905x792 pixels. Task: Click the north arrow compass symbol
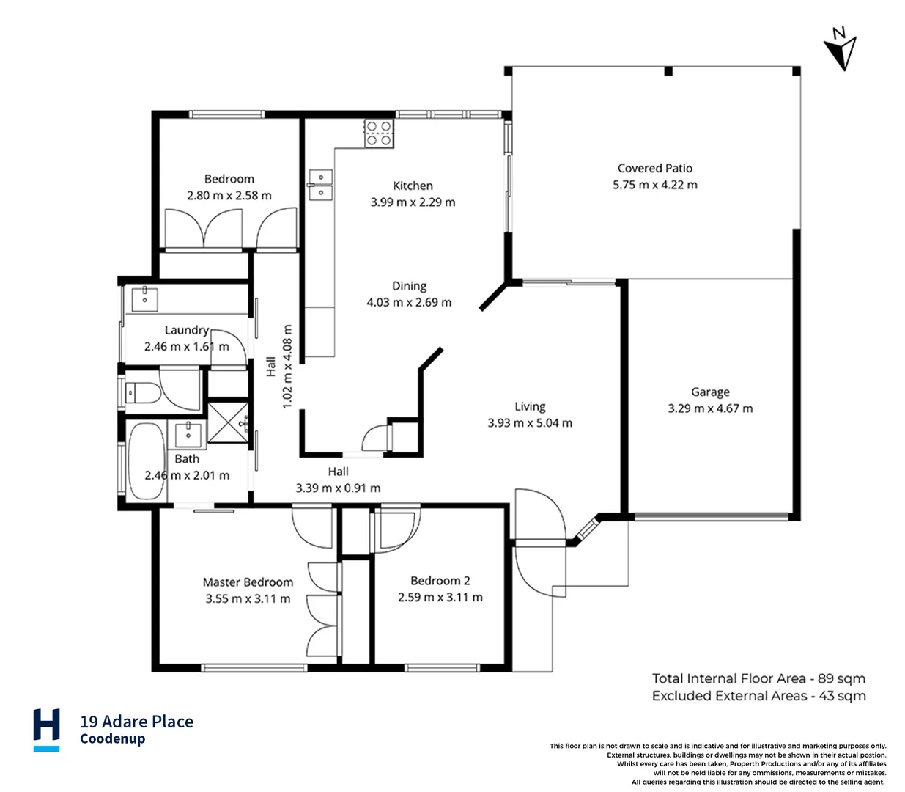[x=841, y=48]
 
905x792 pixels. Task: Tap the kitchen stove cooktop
[x=379, y=133]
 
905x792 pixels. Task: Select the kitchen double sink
[x=320, y=184]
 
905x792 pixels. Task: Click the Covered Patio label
[x=654, y=168]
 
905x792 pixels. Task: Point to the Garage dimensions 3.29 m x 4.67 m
[x=710, y=408]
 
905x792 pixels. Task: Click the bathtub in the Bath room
[x=146, y=461]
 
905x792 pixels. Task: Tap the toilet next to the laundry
[x=141, y=393]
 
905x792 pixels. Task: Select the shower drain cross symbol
[x=228, y=422]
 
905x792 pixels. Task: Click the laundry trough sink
[x=147, y=298]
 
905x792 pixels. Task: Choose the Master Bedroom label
[x=248, y=582]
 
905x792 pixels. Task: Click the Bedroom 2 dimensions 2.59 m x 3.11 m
[x=440, y=597]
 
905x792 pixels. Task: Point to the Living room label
[x=530, y=406]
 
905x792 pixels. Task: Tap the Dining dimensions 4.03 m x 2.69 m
[x=409, y=302]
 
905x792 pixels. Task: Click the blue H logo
[x=47, y=729]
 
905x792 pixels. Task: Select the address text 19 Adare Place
[x=137, y=722]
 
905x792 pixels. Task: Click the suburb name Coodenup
[x=113, y=739]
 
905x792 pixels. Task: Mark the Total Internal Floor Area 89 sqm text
[x=758, y=678]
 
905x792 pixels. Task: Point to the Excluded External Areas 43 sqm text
[x=758, y=696]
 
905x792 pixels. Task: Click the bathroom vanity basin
[x=188, y=433]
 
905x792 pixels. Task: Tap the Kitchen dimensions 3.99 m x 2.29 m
[x=413, y=202]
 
